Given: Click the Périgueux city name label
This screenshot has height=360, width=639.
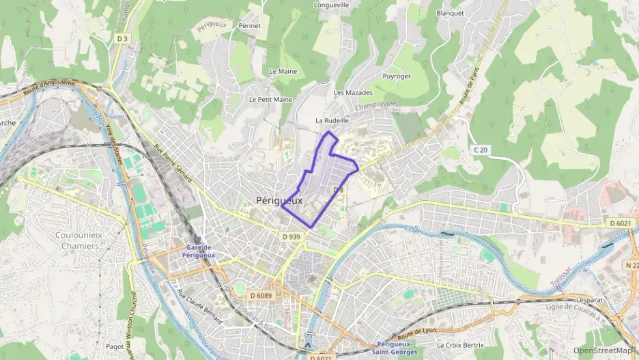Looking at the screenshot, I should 279,200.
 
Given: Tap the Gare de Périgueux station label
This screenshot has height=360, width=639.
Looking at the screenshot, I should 200,251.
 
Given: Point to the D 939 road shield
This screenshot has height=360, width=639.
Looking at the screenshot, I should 291,236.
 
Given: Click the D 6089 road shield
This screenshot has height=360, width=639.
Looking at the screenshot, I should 261,295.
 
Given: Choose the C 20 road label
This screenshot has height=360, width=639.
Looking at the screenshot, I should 481,150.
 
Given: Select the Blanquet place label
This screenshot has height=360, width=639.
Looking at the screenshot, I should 449,12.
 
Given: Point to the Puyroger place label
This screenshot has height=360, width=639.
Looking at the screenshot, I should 397,76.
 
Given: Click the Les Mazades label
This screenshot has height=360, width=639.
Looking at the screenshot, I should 353,92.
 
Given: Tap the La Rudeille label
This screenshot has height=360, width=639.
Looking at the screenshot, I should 332,120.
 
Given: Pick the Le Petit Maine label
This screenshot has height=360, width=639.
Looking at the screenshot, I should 270,99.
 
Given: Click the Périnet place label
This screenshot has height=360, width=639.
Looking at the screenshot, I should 250,25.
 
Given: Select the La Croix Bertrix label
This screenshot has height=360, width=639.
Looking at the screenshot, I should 460,345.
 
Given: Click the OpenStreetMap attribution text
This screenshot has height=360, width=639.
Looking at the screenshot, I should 604,350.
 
